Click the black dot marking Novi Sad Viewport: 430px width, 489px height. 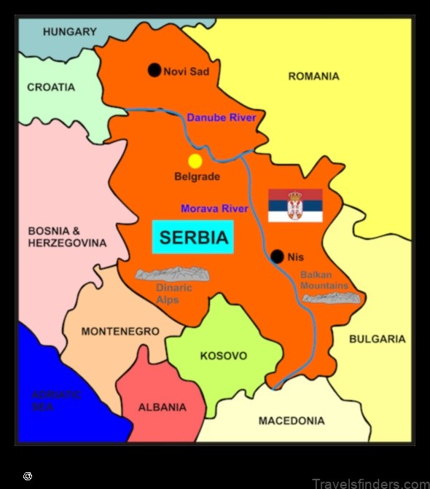pos(154,70)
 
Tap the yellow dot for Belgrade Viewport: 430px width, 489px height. pos(195,161)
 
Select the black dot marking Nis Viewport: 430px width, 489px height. pos(277,257)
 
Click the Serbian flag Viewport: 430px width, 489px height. pos(295,205)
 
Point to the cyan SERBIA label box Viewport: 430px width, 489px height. pos(193,237)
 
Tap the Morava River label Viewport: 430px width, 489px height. pos(214,208)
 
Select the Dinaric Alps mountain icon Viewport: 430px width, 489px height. pos(173,274)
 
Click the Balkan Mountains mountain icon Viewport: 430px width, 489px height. pos(332,297)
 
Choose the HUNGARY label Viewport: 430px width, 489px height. pos(69,31)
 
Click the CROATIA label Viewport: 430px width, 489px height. pos(51,87)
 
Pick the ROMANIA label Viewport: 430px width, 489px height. pos(313,76)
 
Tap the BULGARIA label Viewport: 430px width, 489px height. pos(377,339)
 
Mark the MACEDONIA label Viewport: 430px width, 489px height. pos(292,420)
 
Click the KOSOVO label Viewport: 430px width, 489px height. pos(224,356)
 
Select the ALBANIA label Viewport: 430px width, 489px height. pos(162,407)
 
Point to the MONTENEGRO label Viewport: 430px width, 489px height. pos(120,331)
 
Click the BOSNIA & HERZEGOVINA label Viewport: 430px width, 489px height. pos(67,237)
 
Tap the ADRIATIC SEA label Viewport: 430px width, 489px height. pos(56,401)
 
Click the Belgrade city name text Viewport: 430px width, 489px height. pos(197,176)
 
